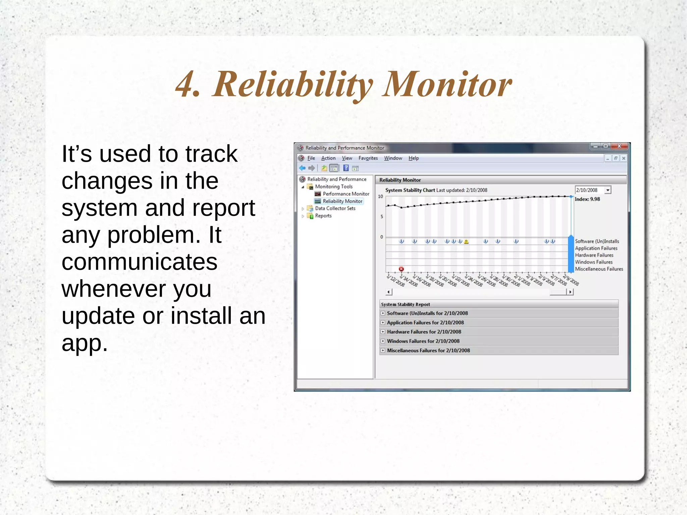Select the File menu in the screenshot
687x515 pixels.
(x=311, y=158)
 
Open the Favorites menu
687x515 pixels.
(x=368, y=158)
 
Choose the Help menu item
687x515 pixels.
(x=413, y=158)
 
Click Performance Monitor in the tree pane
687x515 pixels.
(x=346, y=194)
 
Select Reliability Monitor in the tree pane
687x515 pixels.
(x=342, y=201)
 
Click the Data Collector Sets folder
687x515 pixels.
(x=335, y=208)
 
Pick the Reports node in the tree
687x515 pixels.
(x=323, y=216)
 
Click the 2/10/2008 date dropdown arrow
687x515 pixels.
(x=607, y=190)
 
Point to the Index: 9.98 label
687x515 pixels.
(x=587, y=199)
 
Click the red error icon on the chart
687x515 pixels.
(x=401, y=269)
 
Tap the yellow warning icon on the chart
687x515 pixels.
(x=466, y=242)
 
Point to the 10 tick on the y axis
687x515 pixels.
(x=380, y=197)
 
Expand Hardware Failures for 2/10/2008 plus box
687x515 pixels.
(x=383, y=332)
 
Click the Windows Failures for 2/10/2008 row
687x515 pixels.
(x=423, y=341)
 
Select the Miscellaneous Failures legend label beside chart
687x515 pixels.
(x=599, y=269)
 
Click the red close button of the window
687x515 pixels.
(x=619, y=146)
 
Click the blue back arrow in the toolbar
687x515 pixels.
(x=302, y=168)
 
